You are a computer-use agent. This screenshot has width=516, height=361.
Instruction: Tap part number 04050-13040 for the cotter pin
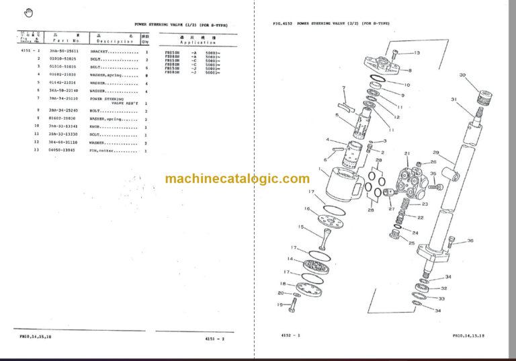pos(62,151)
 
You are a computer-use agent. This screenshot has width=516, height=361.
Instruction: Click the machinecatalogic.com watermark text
pos(236,179)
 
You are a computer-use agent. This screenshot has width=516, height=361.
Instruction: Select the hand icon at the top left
pos(28,12)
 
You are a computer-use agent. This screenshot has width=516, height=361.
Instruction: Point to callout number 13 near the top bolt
pos(416,52)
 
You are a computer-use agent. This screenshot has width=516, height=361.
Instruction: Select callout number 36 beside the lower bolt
pos(470,241)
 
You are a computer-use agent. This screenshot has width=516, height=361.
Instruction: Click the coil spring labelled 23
pos(406,204)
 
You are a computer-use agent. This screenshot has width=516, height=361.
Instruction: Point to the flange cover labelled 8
pos(384,66)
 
